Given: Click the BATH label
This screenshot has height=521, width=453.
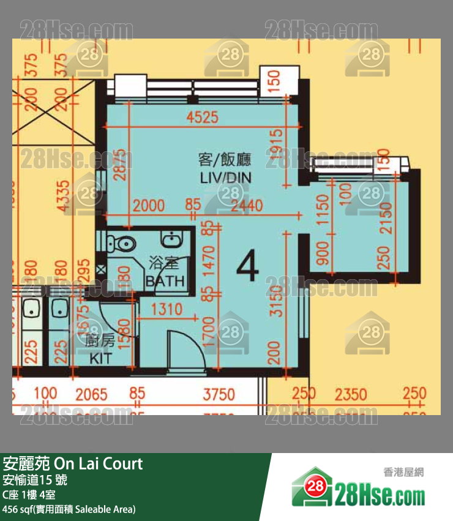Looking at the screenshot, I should click(165, 281).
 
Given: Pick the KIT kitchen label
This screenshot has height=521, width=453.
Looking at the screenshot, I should click(101, 358).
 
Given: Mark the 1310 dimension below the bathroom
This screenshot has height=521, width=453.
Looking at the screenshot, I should click(167, 309).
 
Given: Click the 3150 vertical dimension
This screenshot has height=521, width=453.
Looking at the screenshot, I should click(275, 301).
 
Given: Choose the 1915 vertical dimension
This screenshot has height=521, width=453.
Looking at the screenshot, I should click(275, 149).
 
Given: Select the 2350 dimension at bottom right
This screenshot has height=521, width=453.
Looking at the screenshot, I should click(351, 394).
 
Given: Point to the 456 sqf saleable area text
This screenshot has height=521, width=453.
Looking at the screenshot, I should click(69, 509).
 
